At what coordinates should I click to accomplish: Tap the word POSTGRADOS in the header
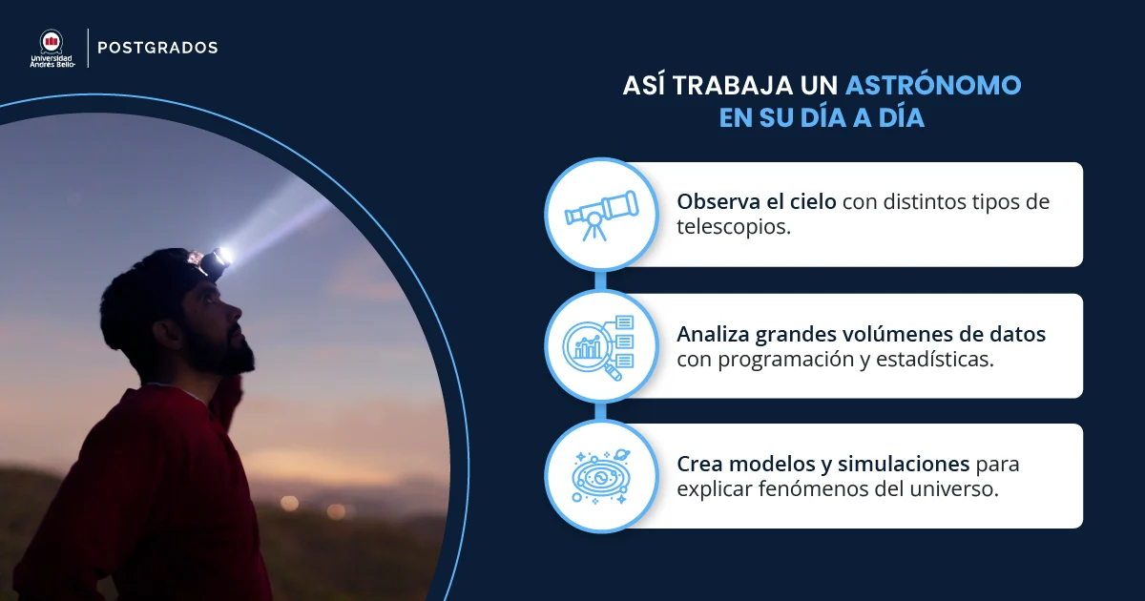pyautogui.click(x=157, y=48)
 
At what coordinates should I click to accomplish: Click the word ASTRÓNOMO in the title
pyautogui.click(x=933, y=85)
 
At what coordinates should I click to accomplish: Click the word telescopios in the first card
pyautogui.click(x=734, y=229)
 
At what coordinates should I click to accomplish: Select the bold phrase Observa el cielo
pyautogui.click(x=757, y=202)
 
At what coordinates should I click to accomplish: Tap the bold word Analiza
pyautogui.click(x=714, y=335)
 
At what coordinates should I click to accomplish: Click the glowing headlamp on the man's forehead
pyautogui.click(x=219, y=257)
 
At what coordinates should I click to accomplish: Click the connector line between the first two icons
pyautogui.click(x=600, y=280)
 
